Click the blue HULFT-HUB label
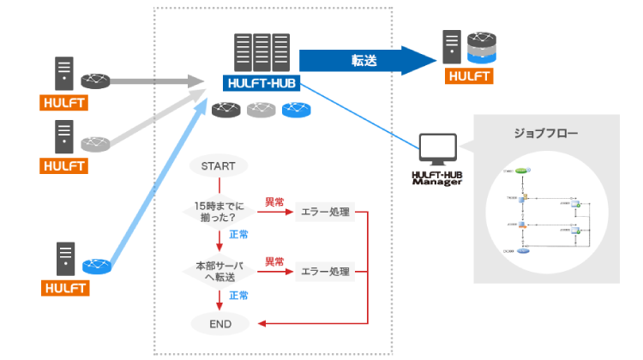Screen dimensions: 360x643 click(261, 84)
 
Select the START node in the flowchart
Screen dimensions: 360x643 click(220, 166)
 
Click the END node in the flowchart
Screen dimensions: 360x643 click(220, 324)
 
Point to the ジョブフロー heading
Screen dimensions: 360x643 click(545, 134)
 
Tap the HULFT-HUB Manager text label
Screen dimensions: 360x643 click(436, 178)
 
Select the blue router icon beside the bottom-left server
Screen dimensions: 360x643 click(96, 266)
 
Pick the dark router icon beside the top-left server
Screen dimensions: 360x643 click(96, 81)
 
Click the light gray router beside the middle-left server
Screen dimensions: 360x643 click(96, 142)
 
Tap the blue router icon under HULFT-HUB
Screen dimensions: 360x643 click(296, 110)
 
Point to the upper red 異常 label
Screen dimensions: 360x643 click(273, 202)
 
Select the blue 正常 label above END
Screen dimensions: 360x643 click(237, 296)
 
